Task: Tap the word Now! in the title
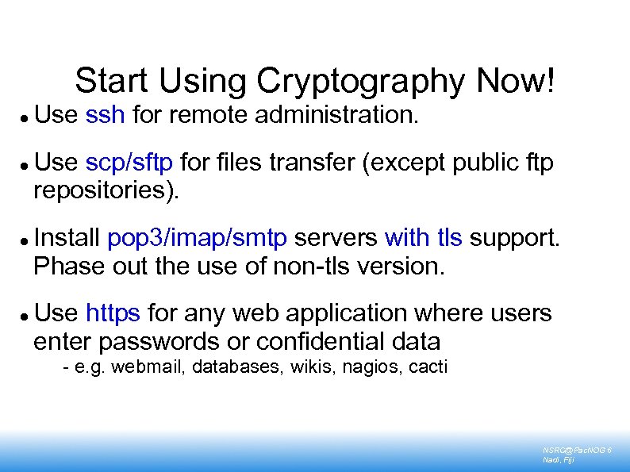click(517, 81)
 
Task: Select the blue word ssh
click(105, 115)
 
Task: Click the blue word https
click(113, 313)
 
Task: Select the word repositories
click(106, 190)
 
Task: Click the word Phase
click(68, 265)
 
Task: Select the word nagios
click(368, 366)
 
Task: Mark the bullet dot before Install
click(26, 239)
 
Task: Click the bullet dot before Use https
click(26, 315)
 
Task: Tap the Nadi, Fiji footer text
click(559, 459)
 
